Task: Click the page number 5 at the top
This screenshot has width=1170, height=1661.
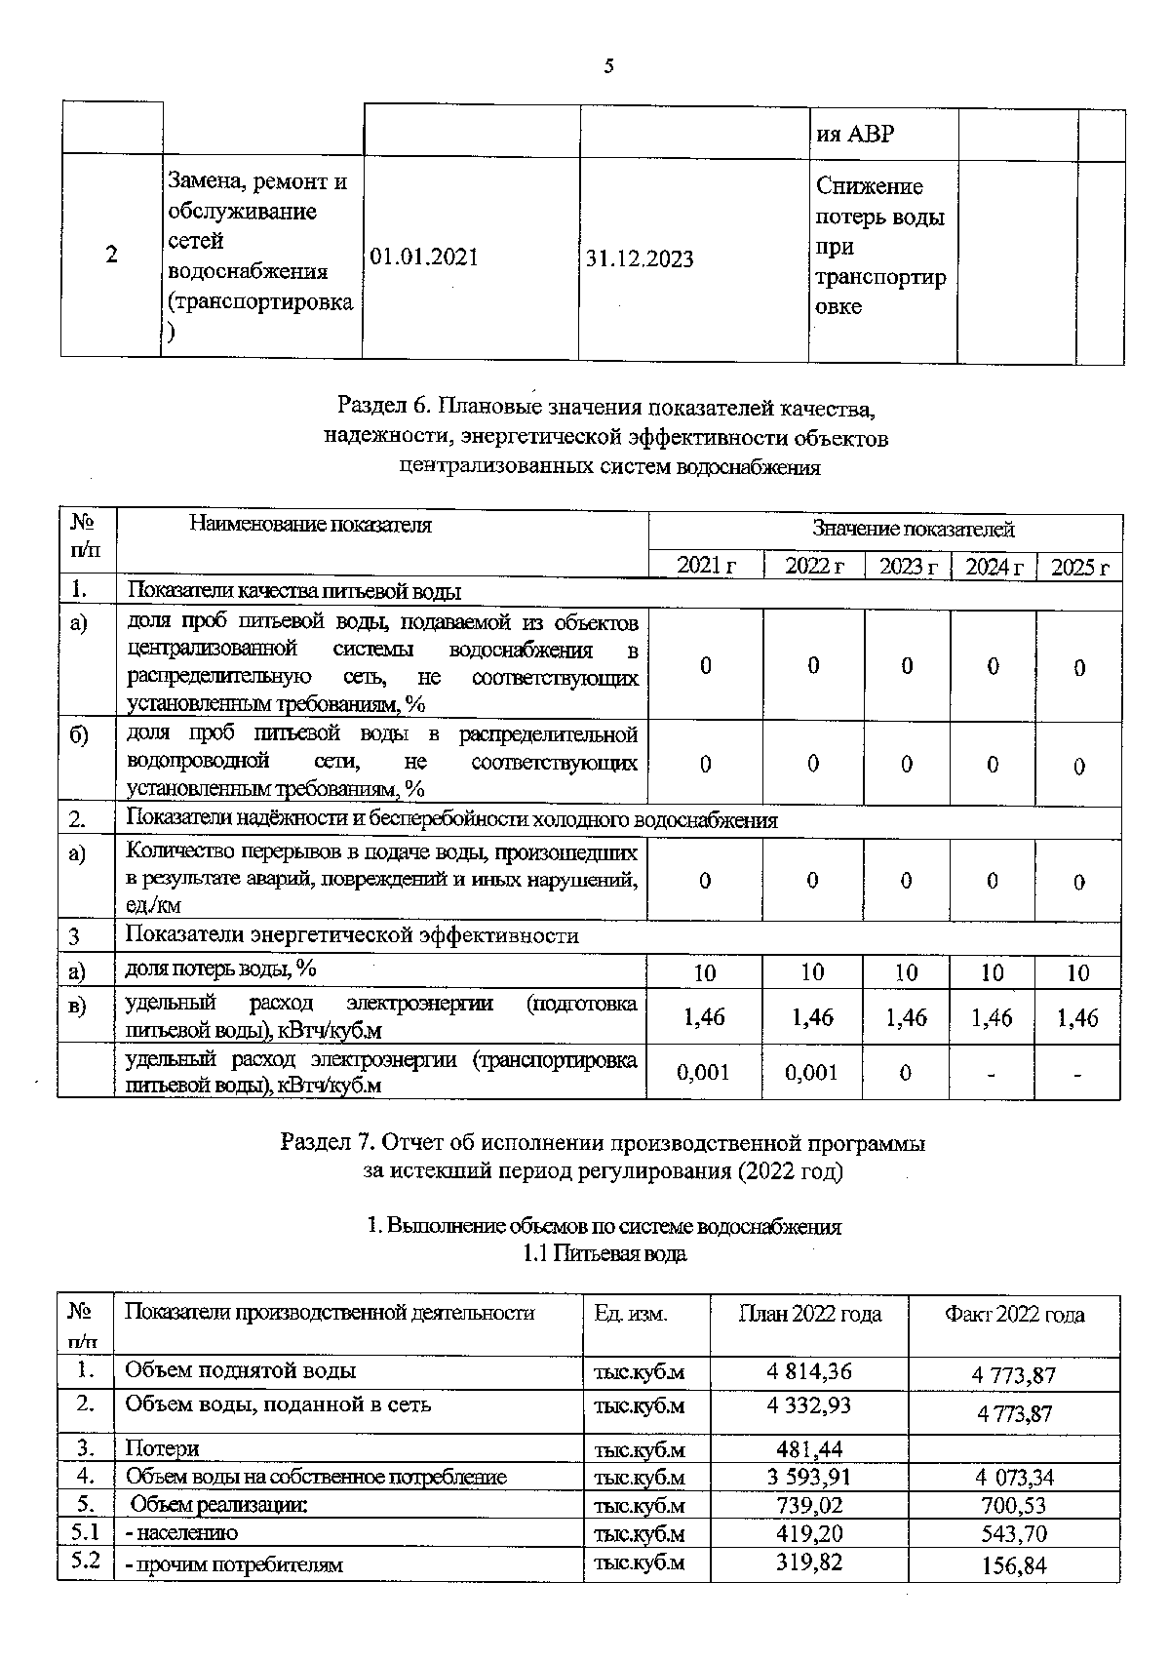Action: click(609, 66)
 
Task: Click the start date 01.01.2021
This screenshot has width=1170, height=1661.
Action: click(424, 257)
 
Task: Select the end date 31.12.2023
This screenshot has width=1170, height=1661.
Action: click(641, 258)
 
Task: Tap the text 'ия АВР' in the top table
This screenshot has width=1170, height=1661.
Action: click(854, 134)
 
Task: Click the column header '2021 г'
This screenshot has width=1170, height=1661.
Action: click(706, 566)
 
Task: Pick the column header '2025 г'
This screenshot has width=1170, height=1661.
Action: click(1079, 567)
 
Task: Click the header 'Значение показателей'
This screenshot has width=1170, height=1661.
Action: click(913, 530)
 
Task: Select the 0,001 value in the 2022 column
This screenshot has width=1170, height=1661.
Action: click(811, 1073)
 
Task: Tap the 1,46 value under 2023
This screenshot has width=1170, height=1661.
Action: click(907, 1017)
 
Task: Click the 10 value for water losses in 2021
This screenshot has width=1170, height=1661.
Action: click(704, 972)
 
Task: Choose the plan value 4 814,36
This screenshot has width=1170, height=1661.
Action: click(809, 1371)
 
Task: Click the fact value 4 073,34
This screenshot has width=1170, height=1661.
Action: click(1014, 1478)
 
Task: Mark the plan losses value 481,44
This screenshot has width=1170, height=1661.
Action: click(809, 1449)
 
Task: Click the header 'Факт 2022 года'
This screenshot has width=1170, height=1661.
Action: click(1014, 1315)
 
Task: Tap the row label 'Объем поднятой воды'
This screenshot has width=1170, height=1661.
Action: click(240, 1370)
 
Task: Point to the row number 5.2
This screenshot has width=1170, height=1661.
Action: click(86, 1561)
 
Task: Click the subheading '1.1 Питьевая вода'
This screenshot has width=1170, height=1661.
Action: click(604, 1254)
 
